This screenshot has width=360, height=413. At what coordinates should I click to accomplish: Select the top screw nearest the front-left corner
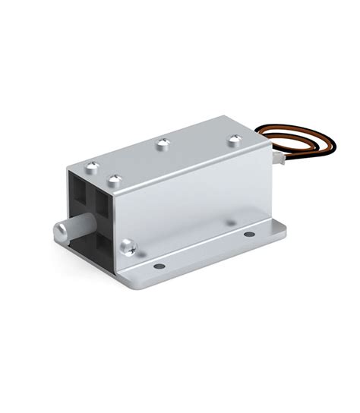pos(92,166)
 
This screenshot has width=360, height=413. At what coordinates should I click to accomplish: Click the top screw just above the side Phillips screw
pos(115,181)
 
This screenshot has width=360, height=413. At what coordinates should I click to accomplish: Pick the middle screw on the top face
pos(162,143)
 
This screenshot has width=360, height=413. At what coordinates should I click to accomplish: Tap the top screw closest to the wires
pos(235,139)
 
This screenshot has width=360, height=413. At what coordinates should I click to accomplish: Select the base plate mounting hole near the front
pos(158,266)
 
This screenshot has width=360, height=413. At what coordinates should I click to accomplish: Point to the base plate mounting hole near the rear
pos(250,234)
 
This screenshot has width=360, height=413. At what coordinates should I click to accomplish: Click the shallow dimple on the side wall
pos(230,221)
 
